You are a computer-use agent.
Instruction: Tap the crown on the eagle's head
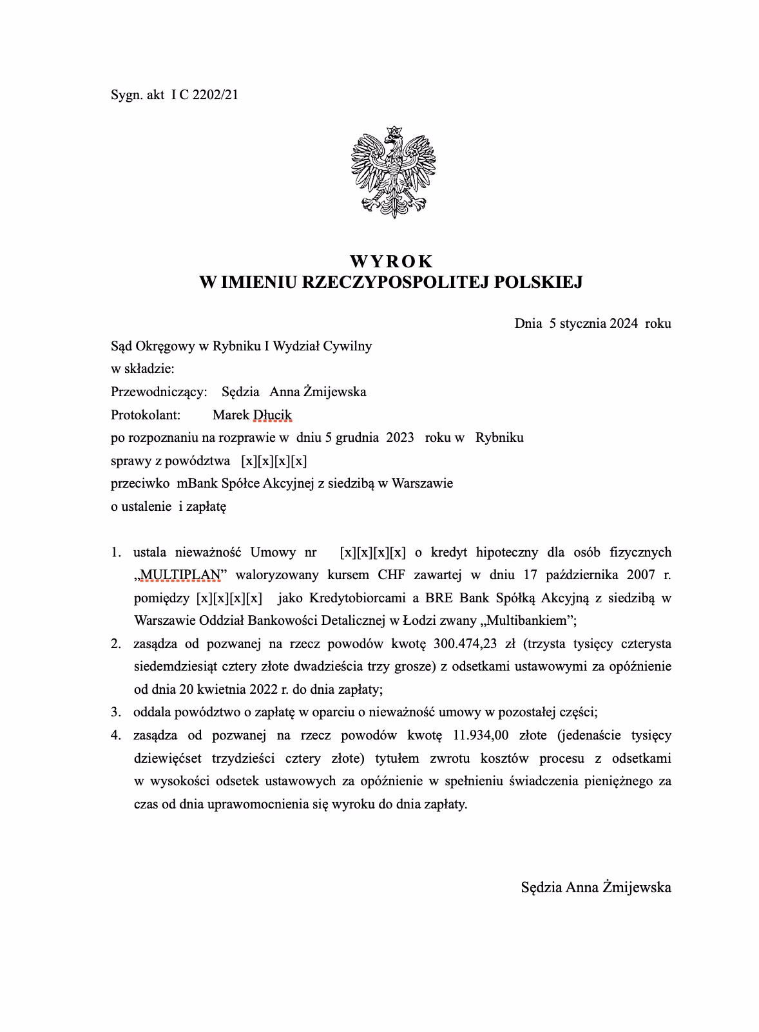pos(393,131)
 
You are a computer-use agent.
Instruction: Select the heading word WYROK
pos(391,262)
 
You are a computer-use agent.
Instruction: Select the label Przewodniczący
pos(159,392)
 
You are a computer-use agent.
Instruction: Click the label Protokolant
pos(146,415)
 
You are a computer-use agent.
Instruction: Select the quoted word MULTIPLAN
pos(180,575)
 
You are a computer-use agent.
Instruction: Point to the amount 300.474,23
pos(476,644)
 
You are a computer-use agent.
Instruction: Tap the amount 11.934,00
pos(477,735)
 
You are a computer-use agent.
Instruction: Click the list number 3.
pos(115,712)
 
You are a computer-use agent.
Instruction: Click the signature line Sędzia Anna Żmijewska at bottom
pos(595,887)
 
